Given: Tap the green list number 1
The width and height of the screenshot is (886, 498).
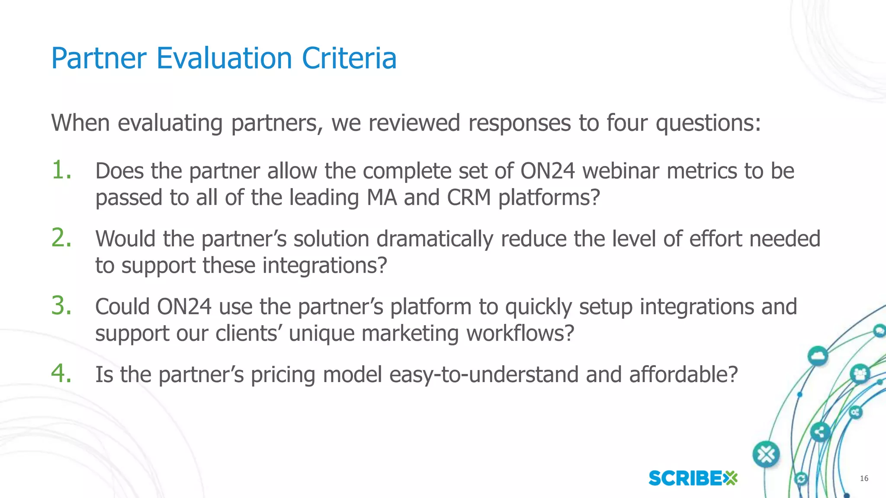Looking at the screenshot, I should click(x=61, y=170).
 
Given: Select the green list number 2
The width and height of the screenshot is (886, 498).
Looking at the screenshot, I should click(x=61, y=238).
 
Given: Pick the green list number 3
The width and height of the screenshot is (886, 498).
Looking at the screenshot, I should click(x=61, y=306).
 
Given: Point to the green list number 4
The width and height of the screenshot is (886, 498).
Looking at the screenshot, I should click(x=61, y=373).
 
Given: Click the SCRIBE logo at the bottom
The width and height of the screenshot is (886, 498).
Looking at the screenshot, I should click(x=693, y=478).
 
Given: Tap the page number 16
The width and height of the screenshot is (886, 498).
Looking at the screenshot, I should click(x=864, y=478).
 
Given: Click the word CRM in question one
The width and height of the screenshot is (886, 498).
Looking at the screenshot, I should click(x=469, y=198).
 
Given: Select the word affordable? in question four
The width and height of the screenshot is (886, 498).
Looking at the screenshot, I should click(x=683, y=375).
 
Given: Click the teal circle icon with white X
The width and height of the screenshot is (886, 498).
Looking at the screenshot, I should click(x=766, y=454).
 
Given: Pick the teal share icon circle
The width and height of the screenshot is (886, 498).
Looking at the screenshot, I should click(x=819, y=432).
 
